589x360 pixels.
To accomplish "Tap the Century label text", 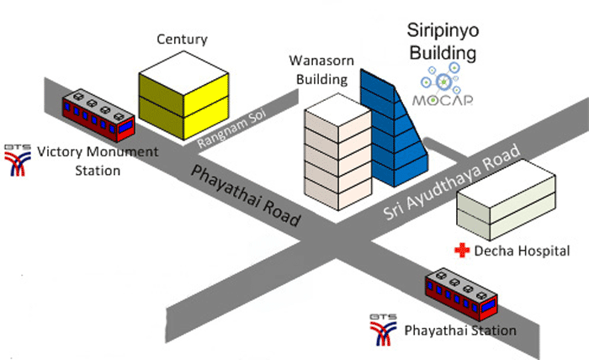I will [x=182, y=40].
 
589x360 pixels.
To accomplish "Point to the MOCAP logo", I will [x=443, y=90].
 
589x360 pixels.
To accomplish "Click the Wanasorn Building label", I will [x=318, y=71].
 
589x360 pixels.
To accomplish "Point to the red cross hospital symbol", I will [x=460, y=250].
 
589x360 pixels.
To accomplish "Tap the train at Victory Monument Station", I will [x=98, y=115].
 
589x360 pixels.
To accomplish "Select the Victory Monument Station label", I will [x=85, y=161].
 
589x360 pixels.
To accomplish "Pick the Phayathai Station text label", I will [x=460, y=330].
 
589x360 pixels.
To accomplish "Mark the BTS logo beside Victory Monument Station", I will [x=16, y=159].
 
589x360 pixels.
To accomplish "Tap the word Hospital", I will [x=544, y=251].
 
